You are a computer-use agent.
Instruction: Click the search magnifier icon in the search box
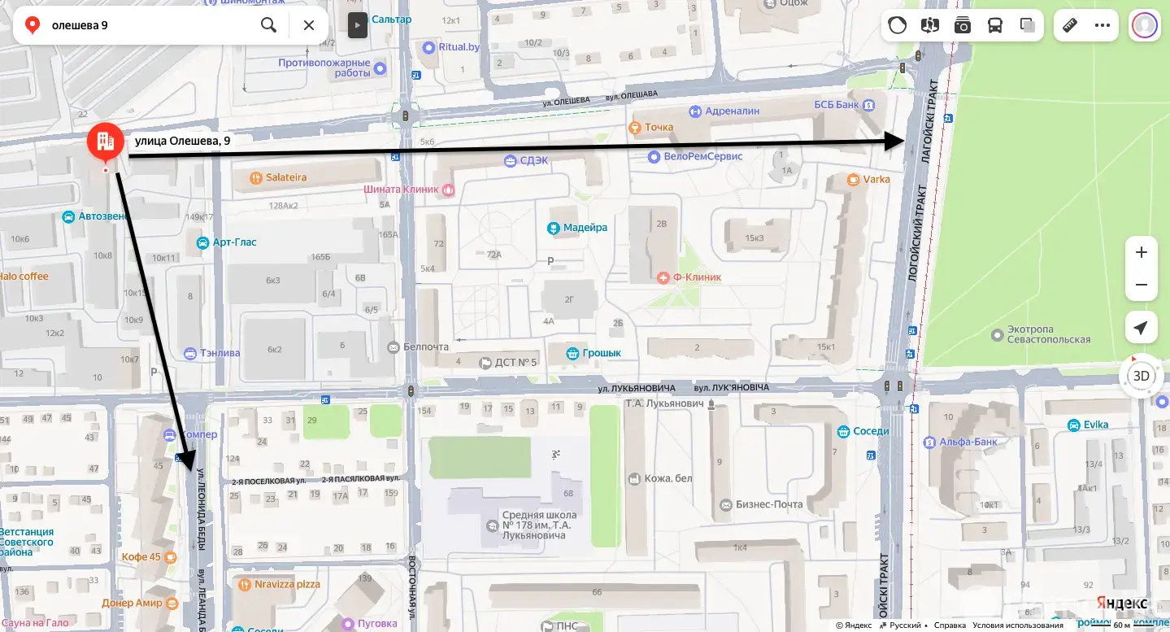click(268, 25)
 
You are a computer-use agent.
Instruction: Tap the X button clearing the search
click(309, 25)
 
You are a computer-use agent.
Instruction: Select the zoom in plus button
click(1141, 252)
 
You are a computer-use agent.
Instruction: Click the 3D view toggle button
click(1142, 376)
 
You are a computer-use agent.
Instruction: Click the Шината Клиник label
click(402, 190)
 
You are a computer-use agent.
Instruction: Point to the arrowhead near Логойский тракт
click(896, 142)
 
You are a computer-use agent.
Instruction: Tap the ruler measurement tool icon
click(1070, 25)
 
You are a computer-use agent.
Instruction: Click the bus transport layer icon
click(995, 25)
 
